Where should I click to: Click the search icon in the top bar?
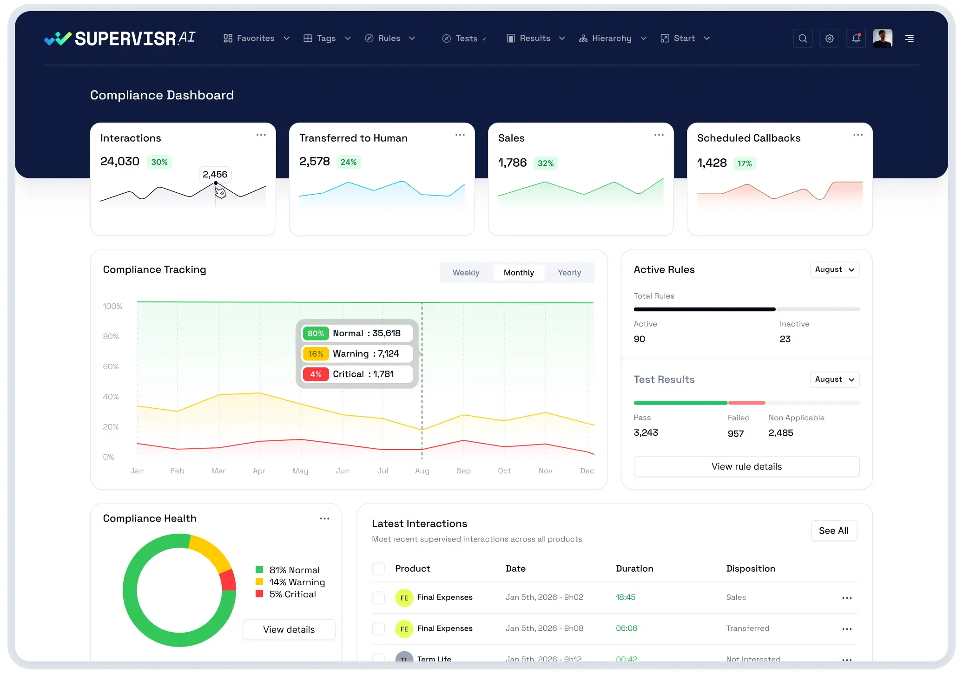[x=803, y=39]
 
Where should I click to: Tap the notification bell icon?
[x=856, y=39]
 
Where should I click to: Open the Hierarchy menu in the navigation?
[x=612, y=39]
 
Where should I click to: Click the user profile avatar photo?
[x=882, y=39]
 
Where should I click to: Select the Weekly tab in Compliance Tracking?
[x=466, y=273]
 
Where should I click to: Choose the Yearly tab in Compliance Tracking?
[x=569, y=273]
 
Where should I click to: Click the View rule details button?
[x=746, y=467]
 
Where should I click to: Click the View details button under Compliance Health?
[x=289, y=630]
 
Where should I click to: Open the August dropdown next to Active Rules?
[x=835, y=270]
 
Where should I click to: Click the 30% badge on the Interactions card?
[x=159, y=162]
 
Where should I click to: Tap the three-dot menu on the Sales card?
[x=659, y=135]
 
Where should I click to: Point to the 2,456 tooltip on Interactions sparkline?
[x=215, y=175]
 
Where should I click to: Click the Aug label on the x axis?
[x=422, y=471]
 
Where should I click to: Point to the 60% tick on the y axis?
[x=111, y=367]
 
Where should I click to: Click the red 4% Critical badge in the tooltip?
[x=316, y=374]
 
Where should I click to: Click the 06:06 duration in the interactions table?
[x=626, y=628]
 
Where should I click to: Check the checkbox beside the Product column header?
[x=378, y=569]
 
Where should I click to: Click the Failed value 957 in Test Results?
[x=735, y=434]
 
